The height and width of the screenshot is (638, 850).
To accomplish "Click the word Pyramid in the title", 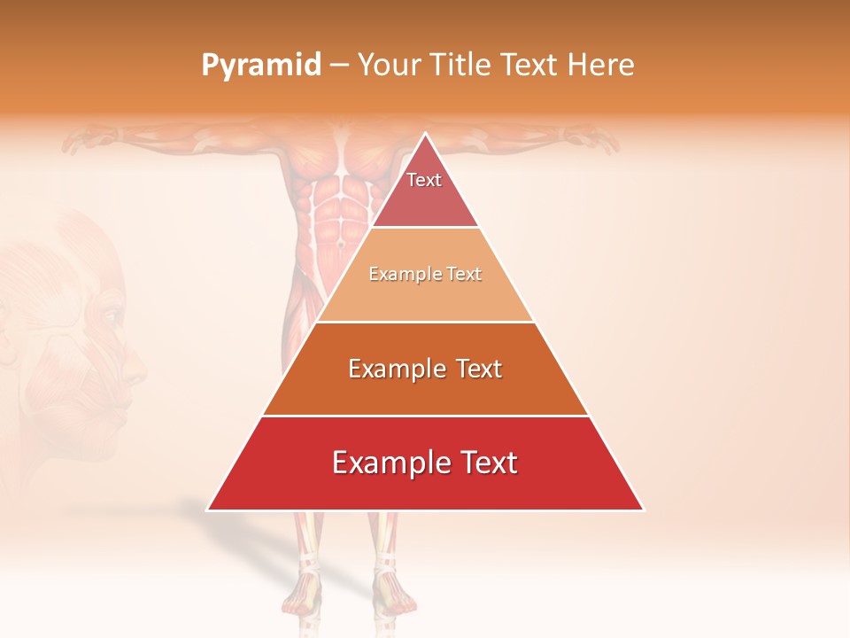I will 260,66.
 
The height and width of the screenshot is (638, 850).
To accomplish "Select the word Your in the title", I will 391,66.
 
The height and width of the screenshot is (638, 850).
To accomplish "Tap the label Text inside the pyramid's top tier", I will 424,180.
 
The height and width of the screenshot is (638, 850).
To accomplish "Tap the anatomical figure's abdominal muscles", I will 336,213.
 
